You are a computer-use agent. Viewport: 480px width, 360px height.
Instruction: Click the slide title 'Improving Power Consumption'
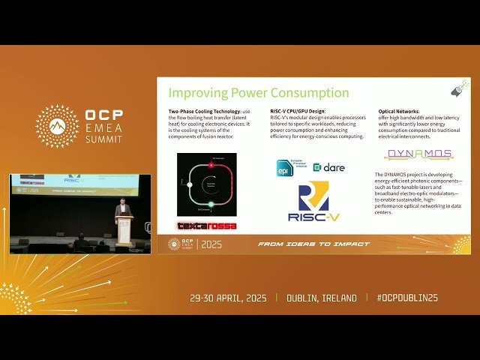258,93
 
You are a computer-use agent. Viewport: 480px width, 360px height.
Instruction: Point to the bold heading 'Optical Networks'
397,111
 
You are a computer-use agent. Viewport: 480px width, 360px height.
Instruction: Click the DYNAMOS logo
418,154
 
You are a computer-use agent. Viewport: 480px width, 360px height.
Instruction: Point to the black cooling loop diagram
206,184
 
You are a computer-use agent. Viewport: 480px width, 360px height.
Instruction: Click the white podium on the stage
124,230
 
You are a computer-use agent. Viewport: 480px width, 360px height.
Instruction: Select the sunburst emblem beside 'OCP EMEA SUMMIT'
57,126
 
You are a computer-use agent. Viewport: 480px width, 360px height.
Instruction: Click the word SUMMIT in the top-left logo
105,140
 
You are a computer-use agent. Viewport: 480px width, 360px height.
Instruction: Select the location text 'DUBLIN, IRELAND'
322,298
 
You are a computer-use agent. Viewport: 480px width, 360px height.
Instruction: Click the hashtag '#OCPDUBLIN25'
407,298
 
